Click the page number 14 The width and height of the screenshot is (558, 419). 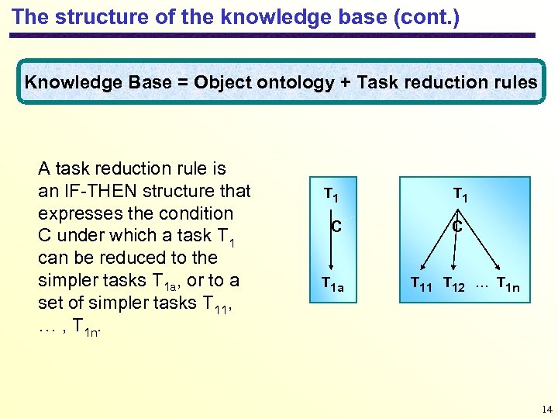[547, 409]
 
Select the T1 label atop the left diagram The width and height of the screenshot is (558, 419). [331, 194]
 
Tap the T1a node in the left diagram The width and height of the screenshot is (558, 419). [333, 286]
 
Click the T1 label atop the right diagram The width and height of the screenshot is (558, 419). [460, 194]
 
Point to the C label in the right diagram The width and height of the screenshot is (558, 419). [458, 227]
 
